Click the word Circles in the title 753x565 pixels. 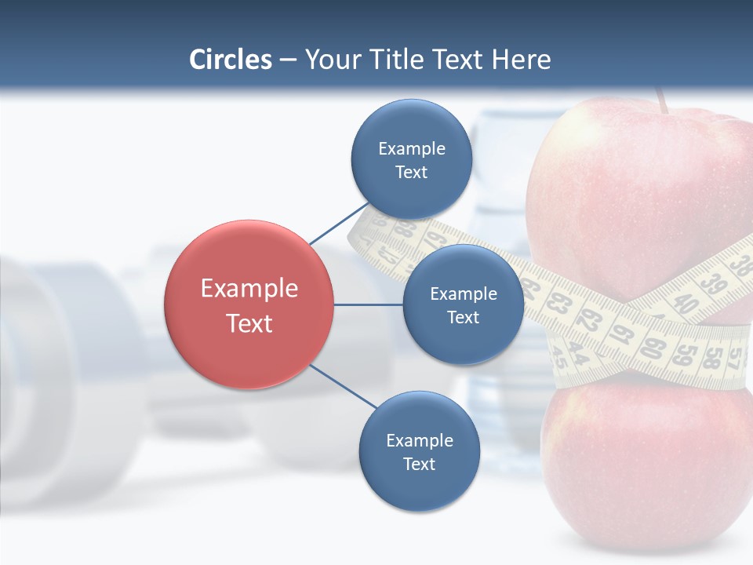[230, 60]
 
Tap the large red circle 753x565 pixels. [249, 305]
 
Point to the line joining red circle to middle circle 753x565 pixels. [369, 304]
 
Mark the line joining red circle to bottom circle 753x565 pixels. [344, 386]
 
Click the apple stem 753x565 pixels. [662, 100]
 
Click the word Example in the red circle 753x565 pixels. [249, 289]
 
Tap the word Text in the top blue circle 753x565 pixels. [411, 173]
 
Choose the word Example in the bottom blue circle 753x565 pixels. [419, 440]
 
